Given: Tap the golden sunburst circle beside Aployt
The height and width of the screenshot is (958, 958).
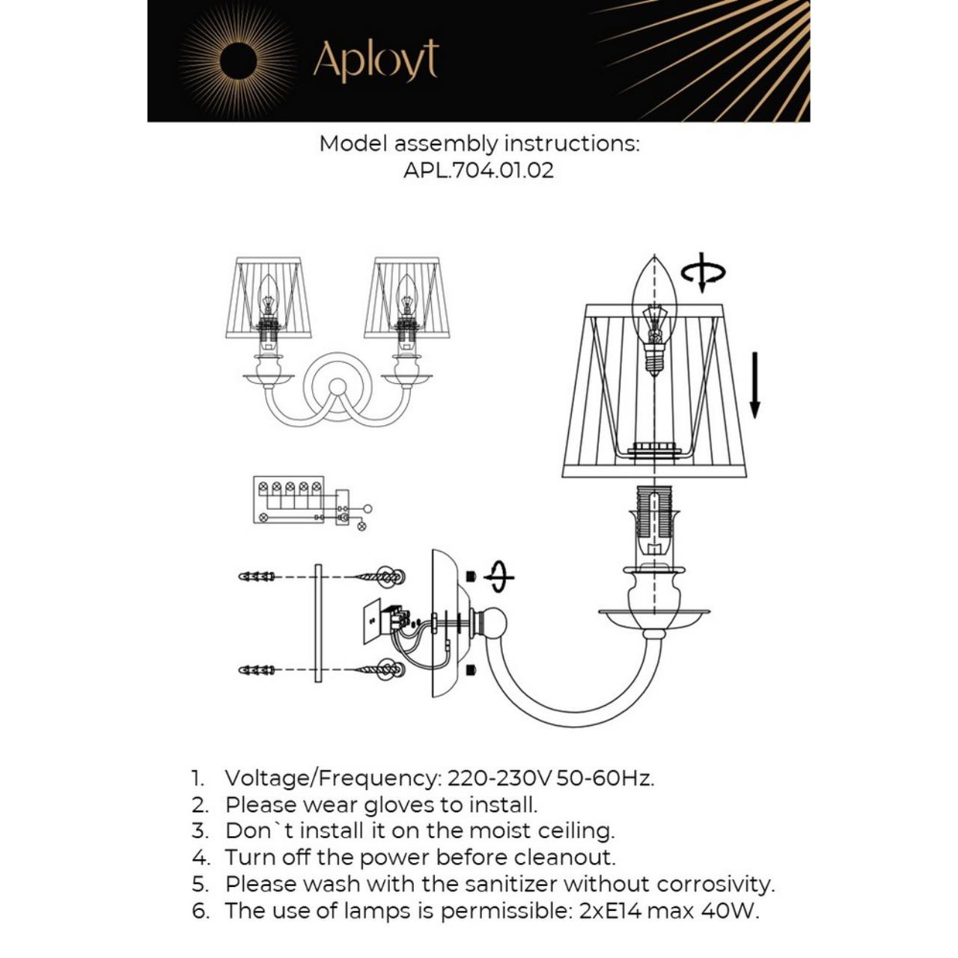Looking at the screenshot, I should pyautogui.click(x=238, y=60).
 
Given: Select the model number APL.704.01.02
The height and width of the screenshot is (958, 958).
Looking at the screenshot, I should pyautogui.click(x=479, y=170).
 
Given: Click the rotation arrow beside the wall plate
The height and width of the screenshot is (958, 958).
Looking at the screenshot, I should pyautogui.click(x=499, y=577).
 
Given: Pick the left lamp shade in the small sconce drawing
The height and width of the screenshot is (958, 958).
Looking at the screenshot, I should pyautogui.click(x=269, y=298).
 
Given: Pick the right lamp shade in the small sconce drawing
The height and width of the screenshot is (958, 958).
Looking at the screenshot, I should pyautogui.click(x=406, y=298).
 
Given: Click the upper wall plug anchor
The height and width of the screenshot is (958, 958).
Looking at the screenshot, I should pyautogui.click(x=257, y=576).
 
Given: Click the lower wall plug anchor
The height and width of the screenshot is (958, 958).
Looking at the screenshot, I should pyautogui.click(x=257, y=669).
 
